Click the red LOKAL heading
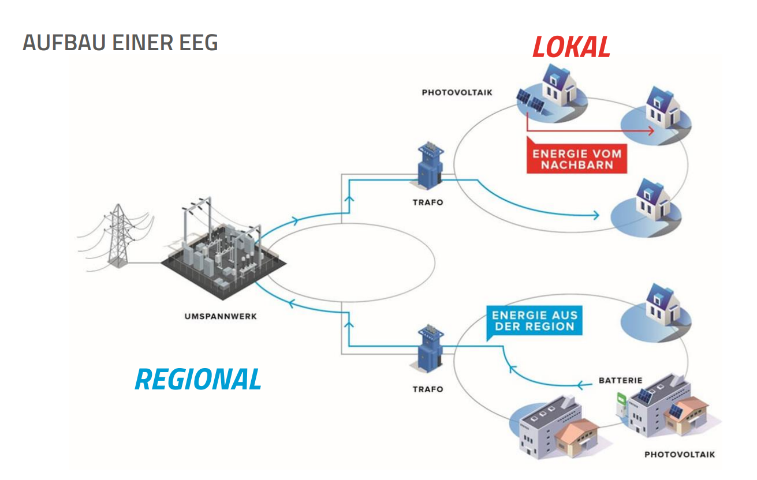[571, 47]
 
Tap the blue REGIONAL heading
[198, 380]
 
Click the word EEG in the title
[199, 43]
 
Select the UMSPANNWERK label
[221, 317]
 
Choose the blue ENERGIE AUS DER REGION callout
[535, 322]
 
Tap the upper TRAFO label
[428, 202]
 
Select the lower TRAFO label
[428, 389]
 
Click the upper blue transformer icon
[430, 166]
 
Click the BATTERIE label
[621, 380]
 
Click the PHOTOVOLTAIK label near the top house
[457, 92]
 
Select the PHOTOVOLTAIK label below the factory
[680, 455]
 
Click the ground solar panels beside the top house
[531, 101]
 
